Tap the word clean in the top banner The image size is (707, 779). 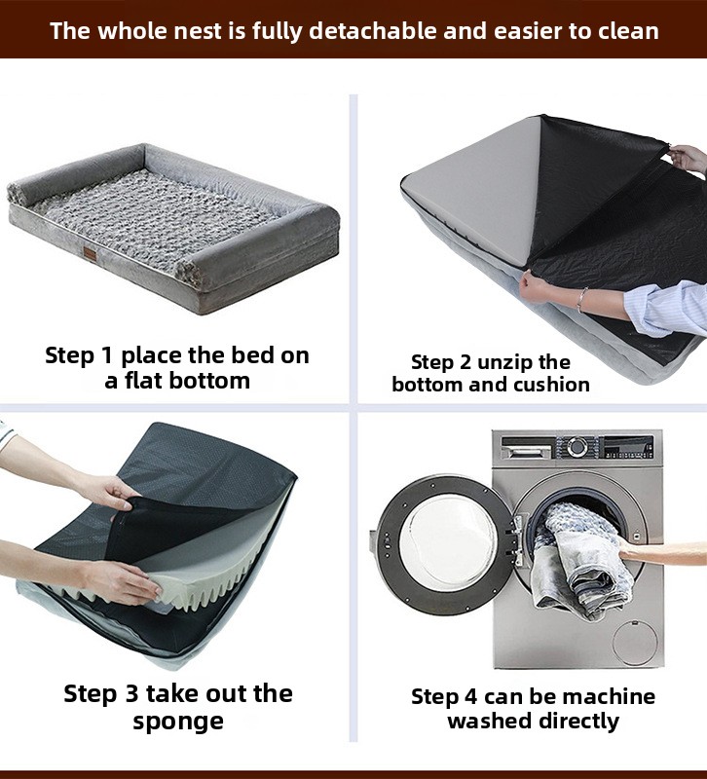[x=628, y=31]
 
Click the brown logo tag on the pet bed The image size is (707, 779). [x=91, y=253]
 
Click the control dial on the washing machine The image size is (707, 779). [x=577, y=446]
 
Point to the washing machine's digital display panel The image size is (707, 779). [x=628, y=447]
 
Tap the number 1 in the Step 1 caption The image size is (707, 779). [x=107, y=355]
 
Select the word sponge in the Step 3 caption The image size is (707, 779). [x=178, y=722]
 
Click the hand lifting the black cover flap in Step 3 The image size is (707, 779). [x=108, y=492]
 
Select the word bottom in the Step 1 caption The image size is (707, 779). [x=209, y=381]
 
